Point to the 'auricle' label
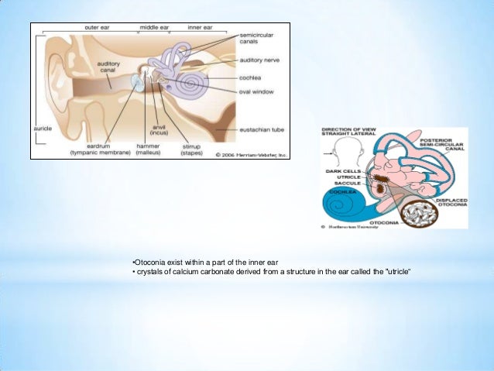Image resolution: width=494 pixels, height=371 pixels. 39,123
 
